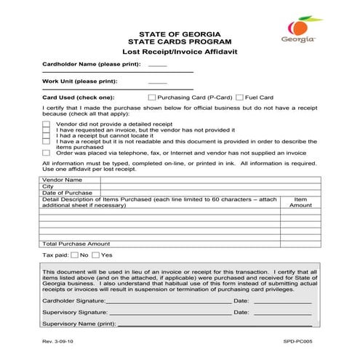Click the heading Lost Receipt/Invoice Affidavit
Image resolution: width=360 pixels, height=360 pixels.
pos(180,53)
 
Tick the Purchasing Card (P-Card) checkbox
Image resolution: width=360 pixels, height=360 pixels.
pos(151,97)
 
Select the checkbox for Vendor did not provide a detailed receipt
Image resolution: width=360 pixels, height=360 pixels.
pos(46,124)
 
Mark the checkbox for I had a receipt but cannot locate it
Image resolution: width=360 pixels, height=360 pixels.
pos(46,135)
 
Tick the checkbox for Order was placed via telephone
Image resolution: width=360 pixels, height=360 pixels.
pos(46,153)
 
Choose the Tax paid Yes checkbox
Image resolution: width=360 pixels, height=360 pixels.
pos(96,255)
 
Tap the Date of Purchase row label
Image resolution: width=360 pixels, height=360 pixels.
pos(68,193)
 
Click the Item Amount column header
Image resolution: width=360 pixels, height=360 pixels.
pos(300,202)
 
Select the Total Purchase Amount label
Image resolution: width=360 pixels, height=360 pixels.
pos(76,244)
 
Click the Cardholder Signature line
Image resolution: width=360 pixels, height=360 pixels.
pos(169,300)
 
